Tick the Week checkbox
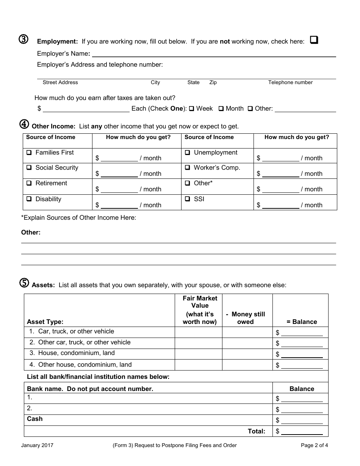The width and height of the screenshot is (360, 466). tap(192, 109)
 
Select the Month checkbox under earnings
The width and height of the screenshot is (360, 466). tap(221, 109)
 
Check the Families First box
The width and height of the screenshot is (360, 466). tap(29, 153)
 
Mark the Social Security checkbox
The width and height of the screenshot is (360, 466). tap(29, 168)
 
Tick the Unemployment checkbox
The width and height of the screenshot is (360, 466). tap(188, 153)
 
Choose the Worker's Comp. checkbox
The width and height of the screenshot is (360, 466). tap(188, 168)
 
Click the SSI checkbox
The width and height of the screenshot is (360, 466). tap(188, 199)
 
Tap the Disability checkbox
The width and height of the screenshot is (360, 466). tap(29, 199)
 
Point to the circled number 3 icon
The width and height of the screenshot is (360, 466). tap(23, 40)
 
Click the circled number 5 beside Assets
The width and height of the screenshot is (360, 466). tap(23, 283)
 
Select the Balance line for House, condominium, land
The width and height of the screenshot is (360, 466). tap(302, 355)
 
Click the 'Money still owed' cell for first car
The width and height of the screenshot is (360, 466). tap(247, 332)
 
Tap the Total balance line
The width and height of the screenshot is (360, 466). tap(302, 432)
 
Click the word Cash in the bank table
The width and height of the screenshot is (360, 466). tap(35, 419)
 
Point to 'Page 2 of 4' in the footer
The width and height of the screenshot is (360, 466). tap(314, 446)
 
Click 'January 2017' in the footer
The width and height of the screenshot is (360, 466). tap(37, 446)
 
